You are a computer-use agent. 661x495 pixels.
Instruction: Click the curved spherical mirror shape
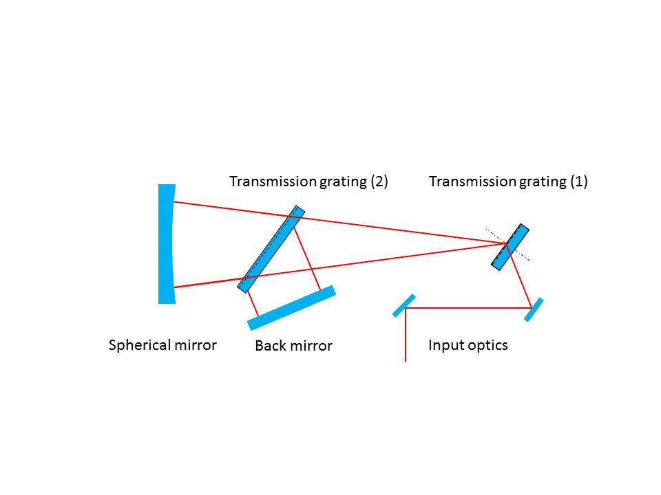[166, 244]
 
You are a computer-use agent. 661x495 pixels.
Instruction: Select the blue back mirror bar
[292, 308]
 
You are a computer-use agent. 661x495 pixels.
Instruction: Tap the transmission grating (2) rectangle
[271, 249]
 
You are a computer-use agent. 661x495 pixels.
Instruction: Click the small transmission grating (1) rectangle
[510, 245]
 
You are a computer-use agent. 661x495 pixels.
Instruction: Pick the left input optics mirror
[404, 305]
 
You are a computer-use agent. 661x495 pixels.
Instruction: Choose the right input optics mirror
[534, 309]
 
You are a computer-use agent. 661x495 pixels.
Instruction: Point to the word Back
[270, 346]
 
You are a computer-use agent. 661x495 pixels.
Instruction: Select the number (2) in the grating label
[379, 181]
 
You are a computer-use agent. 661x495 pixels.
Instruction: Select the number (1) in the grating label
[578, 181]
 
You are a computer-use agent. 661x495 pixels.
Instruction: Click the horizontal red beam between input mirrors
[468, 308]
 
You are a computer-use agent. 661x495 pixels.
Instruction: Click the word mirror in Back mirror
[311, 346]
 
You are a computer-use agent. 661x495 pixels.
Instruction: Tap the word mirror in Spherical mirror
[196, 344]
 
